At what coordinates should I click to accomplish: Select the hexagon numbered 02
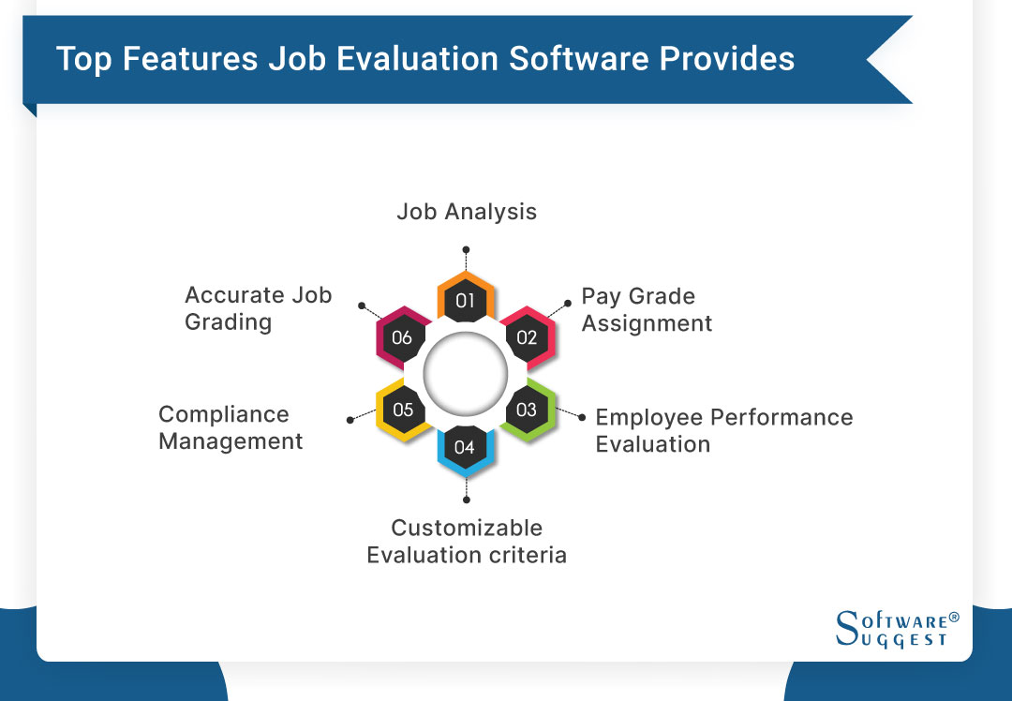coord(527,337)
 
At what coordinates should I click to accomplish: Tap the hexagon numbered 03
coord(527,410)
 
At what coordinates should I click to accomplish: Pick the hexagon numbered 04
coord(465,446)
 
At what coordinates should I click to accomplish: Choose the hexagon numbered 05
coord(403,410)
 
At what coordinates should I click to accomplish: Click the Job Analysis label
coord(467,212)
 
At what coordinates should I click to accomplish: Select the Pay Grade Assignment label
coord(647,310)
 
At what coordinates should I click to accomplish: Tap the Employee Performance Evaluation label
coord(724,430)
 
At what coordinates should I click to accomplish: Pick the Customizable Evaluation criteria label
coord(467,541)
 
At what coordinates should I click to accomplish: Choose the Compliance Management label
coord(231,427)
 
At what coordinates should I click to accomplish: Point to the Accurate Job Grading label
coord(258,308)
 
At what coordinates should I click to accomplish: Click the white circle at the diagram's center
coord(465,374)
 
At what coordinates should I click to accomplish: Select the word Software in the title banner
coord(579,59)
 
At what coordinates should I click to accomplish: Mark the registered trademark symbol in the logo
coord(954,618)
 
